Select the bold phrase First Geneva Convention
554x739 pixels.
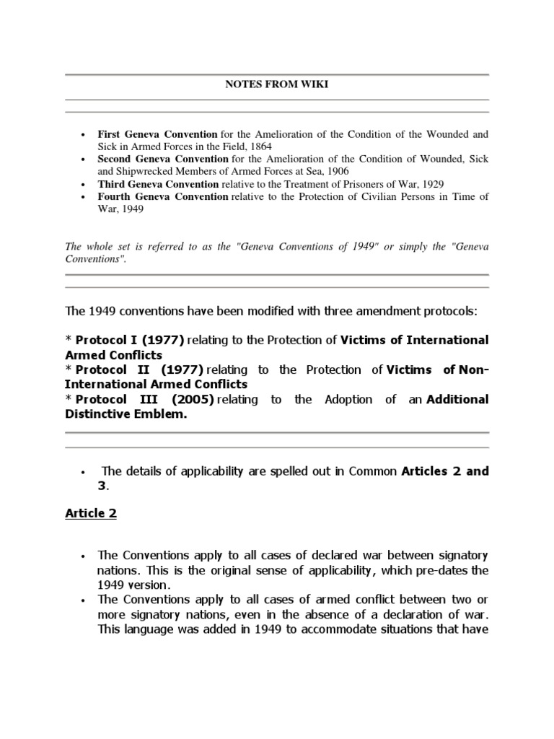(x=157, y=134)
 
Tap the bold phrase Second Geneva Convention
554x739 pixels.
(x=163, y=159)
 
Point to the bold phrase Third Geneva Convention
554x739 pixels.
(x=157, y=184)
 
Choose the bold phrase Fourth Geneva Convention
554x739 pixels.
(x=162, y=196)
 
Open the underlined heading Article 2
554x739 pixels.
(x=91, y=514)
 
